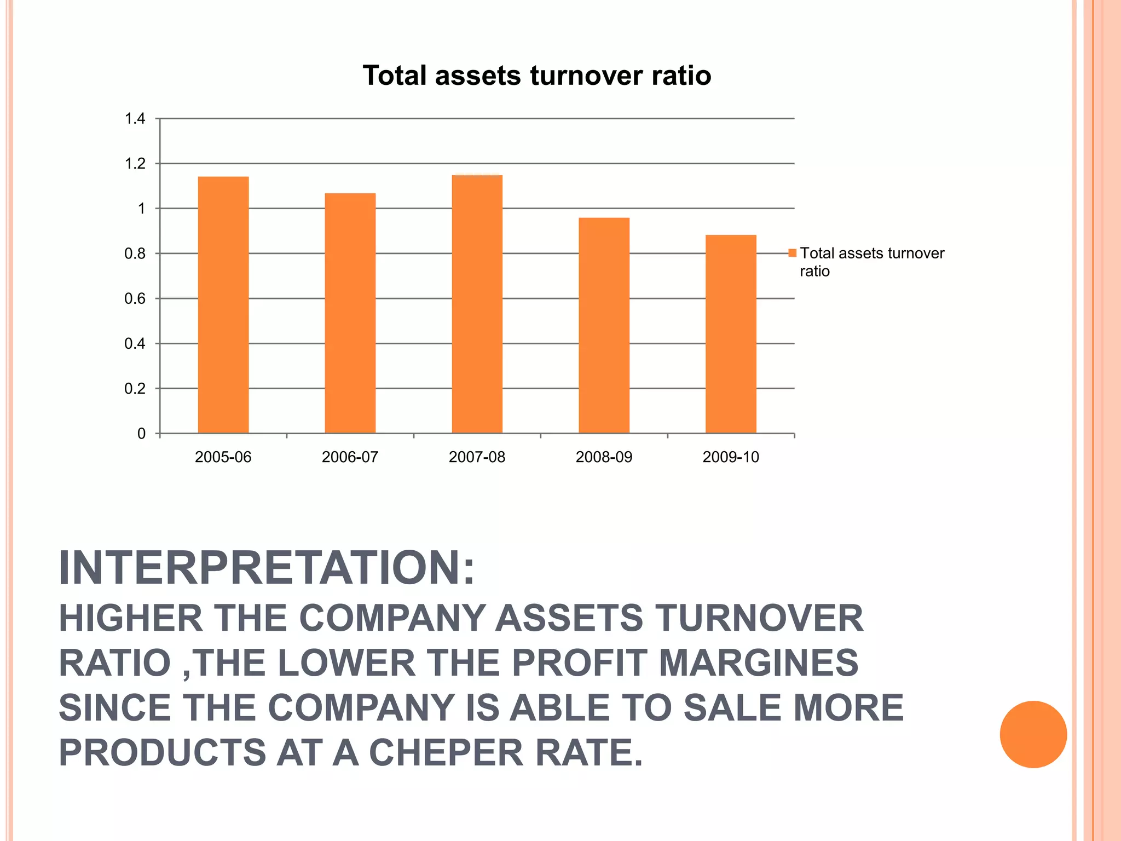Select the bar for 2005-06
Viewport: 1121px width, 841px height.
click(223, 305)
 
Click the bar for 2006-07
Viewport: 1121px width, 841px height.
click(350, 313)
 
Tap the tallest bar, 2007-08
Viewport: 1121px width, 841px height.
click(477, 304)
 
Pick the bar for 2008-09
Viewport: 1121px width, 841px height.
click(604, 326)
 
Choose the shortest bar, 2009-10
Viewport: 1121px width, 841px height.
click(731, 334)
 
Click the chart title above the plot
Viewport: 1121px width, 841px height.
click(537, 76)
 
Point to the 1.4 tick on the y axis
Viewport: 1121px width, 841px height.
click(135, 119)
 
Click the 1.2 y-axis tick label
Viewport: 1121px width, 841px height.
click(135, 164)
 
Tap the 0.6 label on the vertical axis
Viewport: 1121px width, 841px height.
click(135, 299)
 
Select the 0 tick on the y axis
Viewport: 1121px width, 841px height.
click(142, 434)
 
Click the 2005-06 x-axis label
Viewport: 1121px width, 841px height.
click(223, 457)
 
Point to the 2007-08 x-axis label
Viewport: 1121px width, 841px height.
click(477, 457)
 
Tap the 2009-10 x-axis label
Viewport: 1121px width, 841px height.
click(731, 457)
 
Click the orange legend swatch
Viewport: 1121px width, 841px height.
click(792, 253)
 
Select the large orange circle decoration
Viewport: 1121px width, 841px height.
click(1033, 734)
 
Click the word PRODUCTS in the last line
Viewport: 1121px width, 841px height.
click(163, 753)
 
